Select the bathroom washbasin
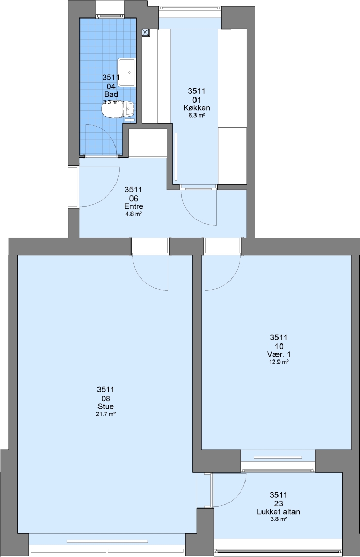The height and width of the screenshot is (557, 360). point(127,72)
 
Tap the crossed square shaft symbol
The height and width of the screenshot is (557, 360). point(145,32)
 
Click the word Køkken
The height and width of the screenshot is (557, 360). point(197,108)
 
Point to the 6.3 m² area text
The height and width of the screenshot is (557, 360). point(197,115)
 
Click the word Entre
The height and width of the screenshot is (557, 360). point(134,206)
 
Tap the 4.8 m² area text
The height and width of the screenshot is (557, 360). point(134,214)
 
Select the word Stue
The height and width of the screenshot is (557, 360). point(106,407)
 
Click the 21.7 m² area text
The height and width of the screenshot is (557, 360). point(106,414)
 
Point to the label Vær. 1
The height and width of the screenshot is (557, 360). point(279,354)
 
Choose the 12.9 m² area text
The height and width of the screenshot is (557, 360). point(279,362)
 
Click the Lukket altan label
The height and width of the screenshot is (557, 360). point(279,512)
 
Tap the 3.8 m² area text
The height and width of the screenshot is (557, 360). point(279,519)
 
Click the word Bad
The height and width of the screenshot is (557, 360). point(111,94)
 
